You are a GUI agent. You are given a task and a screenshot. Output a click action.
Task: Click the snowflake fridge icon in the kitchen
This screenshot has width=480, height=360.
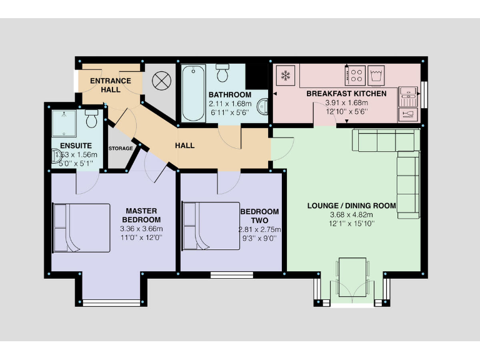click(285, 76)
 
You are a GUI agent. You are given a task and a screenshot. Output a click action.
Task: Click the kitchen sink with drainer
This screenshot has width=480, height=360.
click(407, 95)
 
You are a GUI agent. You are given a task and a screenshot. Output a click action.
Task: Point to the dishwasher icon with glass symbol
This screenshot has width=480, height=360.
click(407, 114)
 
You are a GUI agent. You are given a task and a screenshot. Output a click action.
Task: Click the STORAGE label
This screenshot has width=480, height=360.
click(120, 149)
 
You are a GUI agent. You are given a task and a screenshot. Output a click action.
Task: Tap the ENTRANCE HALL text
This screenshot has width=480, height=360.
click(111, 85)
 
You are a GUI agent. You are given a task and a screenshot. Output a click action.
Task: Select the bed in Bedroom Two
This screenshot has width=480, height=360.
click(211, 226)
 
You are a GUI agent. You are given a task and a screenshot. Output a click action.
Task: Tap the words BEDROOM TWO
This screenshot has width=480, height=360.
click(259, 216)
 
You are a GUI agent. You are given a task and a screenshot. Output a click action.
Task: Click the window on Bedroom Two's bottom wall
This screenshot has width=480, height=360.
click(232, 274)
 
